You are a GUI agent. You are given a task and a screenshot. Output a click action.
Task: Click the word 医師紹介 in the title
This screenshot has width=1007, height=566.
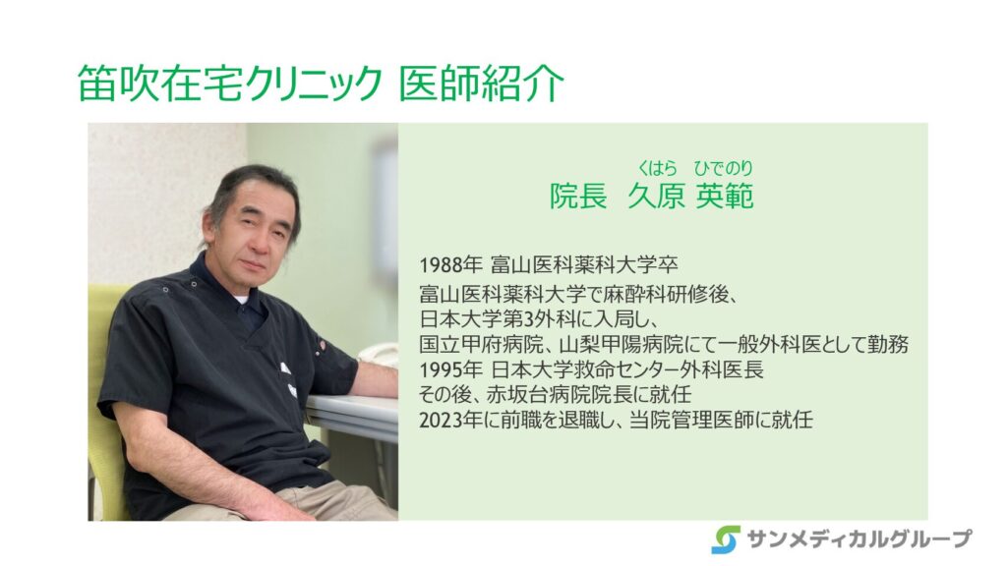pyautogui.click(x=482, y=84)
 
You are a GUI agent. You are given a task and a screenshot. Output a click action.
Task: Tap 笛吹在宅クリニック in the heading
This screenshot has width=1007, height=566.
pyautogui.click(x=229, y=84)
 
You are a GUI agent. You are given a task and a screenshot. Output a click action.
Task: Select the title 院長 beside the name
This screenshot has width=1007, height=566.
pyautogui.click(x=578, y=196)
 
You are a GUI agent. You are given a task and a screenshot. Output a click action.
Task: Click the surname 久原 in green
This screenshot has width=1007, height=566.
pyautogui.click(x=656, y=196)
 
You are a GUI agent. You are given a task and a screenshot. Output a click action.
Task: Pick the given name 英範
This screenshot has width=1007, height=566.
pyautogui.click(x=725, y=196)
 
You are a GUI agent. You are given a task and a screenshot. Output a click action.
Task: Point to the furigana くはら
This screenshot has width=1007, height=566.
pyautogui.click(x=657, y=168)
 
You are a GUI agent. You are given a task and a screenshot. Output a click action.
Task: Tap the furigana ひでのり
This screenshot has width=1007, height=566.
pyautogui.click(x=723, y=168)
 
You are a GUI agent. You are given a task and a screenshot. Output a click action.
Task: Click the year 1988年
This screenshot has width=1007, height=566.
pyautogui.click(x=450, y=265)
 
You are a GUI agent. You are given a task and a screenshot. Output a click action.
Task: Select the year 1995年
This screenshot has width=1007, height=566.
pyautogui.click(x=450, y=370)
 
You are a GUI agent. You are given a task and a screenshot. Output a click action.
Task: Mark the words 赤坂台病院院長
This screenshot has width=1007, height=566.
pyautogui.click(x=549, y=395)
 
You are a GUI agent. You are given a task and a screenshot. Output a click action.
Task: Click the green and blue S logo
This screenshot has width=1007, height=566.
pyautogui.click(x=726, y=539)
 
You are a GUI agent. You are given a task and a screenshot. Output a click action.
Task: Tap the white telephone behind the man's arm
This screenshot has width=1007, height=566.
pyautogui.click(x=379, y=355)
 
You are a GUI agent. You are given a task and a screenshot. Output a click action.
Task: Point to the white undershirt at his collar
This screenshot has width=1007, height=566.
pyautogui.click(x=240, y=299)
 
